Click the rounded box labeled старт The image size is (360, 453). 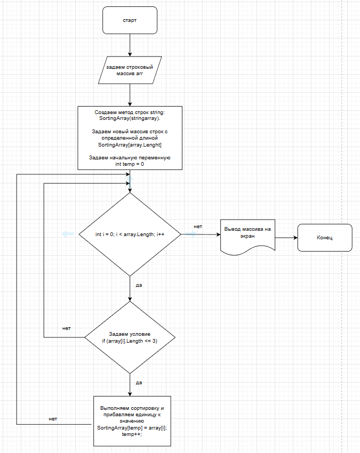(130, 20)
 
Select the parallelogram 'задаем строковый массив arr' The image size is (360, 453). (130, 70)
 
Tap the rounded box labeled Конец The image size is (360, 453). (324, 237)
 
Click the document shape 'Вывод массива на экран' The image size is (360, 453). (248, 233)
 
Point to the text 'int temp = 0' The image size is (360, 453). (130, 165)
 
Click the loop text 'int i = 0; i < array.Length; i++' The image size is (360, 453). (130, 234)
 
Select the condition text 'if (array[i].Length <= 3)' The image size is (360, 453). (130, 341)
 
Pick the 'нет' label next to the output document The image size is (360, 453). (198, 226)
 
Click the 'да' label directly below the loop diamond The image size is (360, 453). (139, 285)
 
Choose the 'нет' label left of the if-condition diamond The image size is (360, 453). (67, 328)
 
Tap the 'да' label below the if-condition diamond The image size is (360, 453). (139, 382)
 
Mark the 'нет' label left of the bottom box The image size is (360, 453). (53, 418)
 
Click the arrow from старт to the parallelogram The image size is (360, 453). (130, 45)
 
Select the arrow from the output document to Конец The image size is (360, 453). (286, 237)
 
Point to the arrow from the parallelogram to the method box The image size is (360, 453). (130, 94)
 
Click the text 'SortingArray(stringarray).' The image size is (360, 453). (130, 118)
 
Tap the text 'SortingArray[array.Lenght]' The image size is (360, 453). (130, 144)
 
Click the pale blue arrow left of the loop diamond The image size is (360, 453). (67, 234)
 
